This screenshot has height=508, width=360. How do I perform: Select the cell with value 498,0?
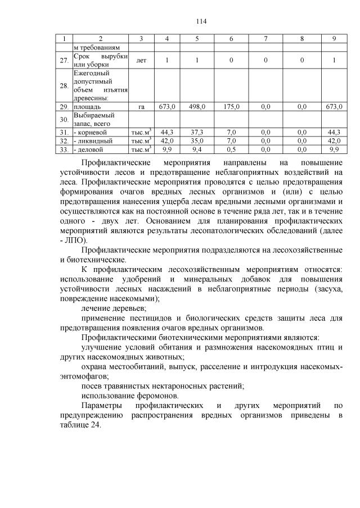pyautogui.click(x=197, y=106)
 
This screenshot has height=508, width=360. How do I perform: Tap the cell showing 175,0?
pyautogui.click(x=231, y=106)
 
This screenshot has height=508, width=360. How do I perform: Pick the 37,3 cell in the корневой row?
pyautogui.click(x=197, y=132)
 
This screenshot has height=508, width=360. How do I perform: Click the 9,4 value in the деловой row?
pyautogui.click(x=197, y=149)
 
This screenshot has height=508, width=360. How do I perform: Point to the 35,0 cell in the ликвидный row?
pyautogui.click(x=197, y=141)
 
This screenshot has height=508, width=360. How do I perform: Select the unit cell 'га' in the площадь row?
pyautogui.click(x=141, y=106)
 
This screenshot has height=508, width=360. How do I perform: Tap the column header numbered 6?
pyautogui.click(x=231, y=39)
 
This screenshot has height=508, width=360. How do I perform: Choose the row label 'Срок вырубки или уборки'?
pyautogui.click(x=101, y=60)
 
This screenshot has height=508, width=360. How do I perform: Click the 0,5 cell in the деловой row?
pyautogui.click(x=231, y=149)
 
